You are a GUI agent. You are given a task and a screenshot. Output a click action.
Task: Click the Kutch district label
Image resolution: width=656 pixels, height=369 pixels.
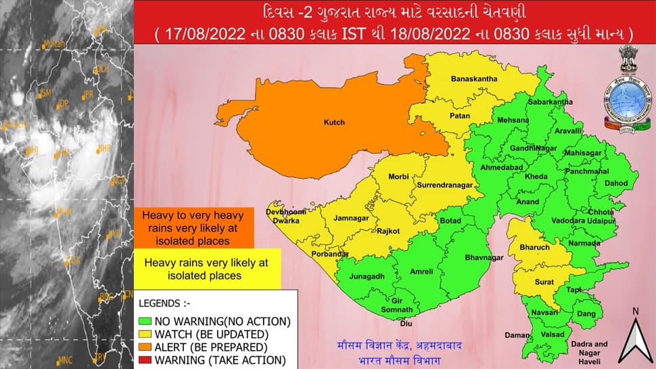[333, 123]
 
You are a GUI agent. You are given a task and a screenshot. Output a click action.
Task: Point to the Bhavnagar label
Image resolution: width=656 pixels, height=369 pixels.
[484, 258]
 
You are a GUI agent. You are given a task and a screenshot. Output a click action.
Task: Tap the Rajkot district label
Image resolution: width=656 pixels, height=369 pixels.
[389, 231]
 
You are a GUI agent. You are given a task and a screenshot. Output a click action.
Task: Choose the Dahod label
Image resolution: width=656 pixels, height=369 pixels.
[616, 183]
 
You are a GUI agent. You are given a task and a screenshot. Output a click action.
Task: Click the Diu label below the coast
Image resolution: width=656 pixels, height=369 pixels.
[406, 324]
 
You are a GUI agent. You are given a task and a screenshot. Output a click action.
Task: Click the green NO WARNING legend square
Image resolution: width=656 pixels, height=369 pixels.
[144, 321]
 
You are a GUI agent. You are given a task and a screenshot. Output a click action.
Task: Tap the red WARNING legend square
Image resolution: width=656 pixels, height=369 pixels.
[144, 360]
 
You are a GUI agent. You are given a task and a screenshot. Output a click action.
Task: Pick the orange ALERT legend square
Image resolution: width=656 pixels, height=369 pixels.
[144, 347]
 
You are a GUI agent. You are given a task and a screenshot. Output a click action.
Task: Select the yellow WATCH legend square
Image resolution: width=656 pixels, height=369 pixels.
[144, 334]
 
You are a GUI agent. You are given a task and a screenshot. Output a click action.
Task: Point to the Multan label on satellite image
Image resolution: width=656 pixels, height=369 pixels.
[54, 45]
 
